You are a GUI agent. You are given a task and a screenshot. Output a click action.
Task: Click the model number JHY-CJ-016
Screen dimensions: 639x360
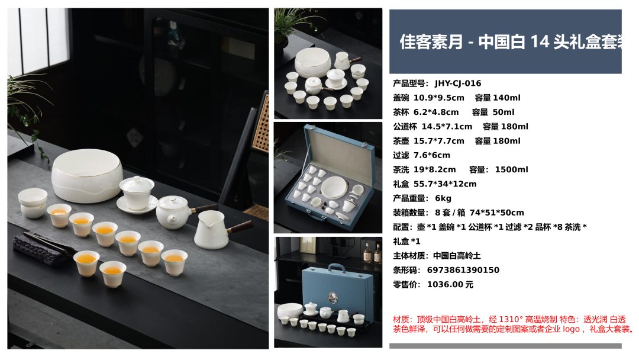click(x=457, y=83)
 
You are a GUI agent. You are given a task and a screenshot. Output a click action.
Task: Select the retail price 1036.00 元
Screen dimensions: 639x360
click(x=450, y=285)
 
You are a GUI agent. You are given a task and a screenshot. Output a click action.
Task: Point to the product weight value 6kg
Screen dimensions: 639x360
click(x=443, y=198)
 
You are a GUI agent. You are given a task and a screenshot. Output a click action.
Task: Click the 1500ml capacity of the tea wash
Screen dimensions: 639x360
click(x=511, y=169)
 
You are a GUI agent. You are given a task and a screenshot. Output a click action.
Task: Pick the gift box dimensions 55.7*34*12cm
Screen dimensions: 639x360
click(x=445, y=184)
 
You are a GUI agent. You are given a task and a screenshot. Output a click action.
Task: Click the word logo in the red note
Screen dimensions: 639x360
click(x=570, y=329)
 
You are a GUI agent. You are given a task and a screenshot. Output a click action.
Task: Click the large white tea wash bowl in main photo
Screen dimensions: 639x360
click(x=87, y=175)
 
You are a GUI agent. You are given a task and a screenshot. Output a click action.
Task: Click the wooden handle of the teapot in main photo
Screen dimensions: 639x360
click(x=205, y=208)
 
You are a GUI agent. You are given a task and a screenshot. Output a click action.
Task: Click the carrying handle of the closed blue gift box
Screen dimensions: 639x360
click(x=337, y=268)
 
